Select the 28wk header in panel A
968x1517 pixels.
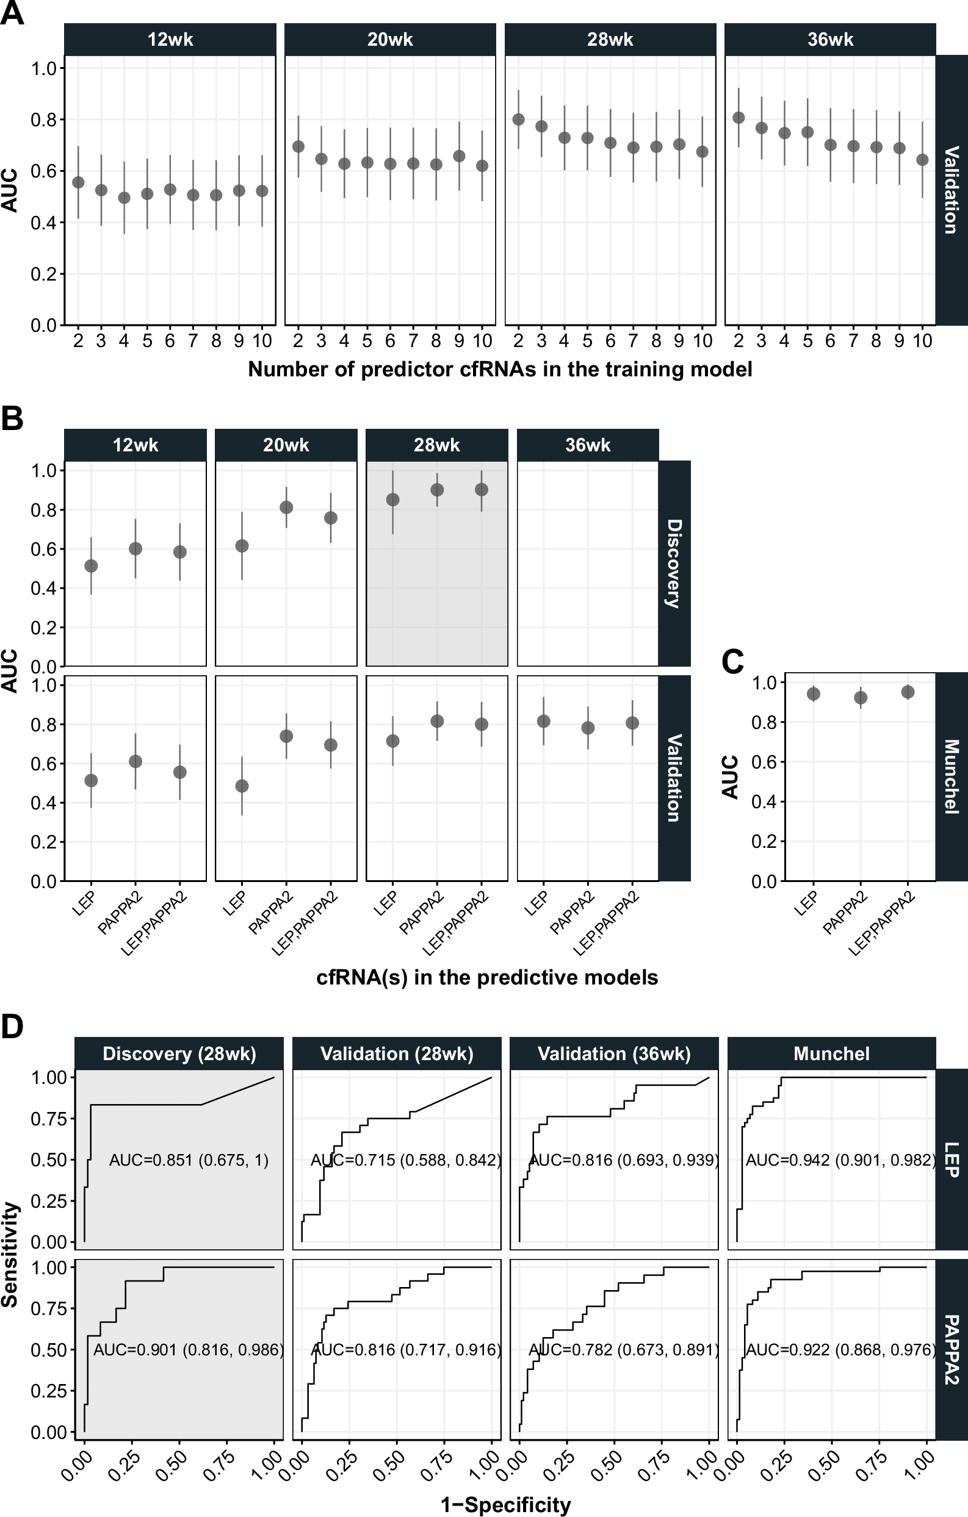610,40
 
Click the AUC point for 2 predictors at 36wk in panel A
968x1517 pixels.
739,118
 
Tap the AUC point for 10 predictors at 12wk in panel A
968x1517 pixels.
262,191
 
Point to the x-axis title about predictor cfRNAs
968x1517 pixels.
500,369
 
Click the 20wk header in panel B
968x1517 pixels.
286,445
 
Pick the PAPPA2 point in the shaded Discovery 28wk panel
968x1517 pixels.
437,489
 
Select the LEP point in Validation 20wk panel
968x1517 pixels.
241,786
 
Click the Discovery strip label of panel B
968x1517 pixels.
674,563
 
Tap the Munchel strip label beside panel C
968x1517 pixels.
951,776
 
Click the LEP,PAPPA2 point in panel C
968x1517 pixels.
908,692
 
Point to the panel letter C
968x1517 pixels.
732,661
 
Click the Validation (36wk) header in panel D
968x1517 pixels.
614,1054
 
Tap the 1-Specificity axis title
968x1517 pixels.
505,1505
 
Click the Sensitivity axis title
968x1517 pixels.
10,1254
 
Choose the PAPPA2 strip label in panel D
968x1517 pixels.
951,1349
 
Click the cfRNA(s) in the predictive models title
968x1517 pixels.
486,977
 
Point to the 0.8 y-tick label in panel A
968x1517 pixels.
43,120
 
